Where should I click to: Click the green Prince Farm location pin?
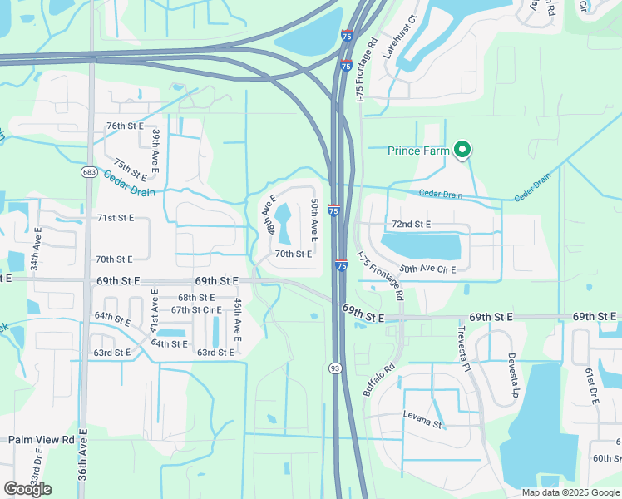(x=463, y=150)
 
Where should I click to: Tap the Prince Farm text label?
(x=418, y=151)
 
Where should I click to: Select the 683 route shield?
(x=89, y=172)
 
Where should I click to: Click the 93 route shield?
(x=335, y=367)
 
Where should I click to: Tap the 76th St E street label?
(x=126, y=126)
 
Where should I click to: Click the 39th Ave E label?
(x=155, y=149)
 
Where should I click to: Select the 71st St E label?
(x=116, y=217)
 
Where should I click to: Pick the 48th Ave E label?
(x=269, y=215)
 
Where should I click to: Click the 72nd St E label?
(x=411, y=225)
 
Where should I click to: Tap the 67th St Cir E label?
(x=196, y=309)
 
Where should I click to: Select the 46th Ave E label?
(x=238, y=320)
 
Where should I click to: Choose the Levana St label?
(x=422, y=424)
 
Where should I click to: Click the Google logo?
(x=27, y=488)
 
